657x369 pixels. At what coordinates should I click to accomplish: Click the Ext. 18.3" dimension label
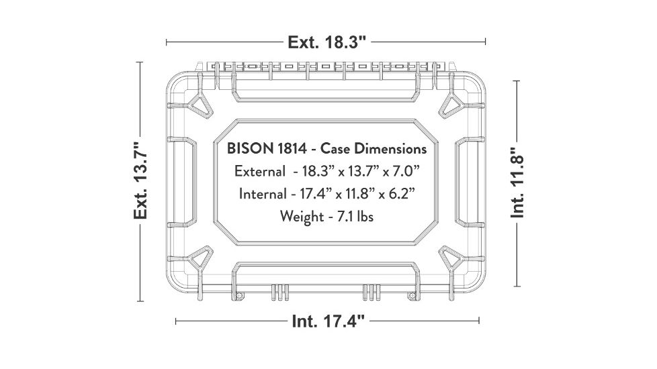[326, 42]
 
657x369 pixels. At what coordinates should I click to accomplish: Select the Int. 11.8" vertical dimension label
[517, 182]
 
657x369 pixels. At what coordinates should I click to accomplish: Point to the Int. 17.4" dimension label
[328, 321]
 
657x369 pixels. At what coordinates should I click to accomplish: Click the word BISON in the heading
[248, 148]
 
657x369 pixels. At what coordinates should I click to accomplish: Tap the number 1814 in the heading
[290, 148]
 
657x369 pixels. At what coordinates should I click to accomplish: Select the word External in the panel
[259, 171]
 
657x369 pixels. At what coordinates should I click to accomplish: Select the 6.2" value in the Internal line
[400, 194]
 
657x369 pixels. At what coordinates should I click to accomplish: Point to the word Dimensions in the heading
[392, 148]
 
